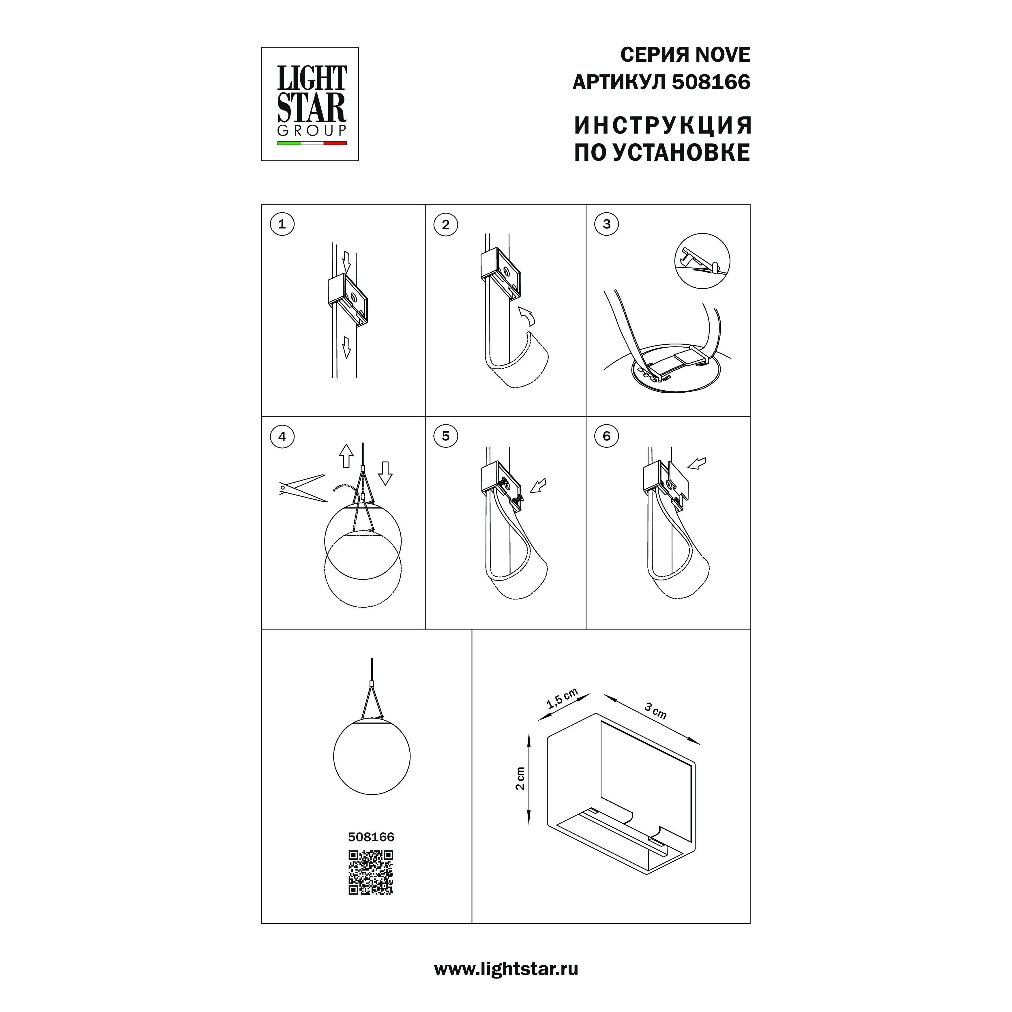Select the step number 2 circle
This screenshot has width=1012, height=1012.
click(x=446, y=225)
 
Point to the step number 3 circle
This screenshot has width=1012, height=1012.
click(x=607, y=224)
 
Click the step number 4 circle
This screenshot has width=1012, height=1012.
click(x=282, y=436)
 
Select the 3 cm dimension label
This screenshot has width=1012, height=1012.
click(x=655, y=711)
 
